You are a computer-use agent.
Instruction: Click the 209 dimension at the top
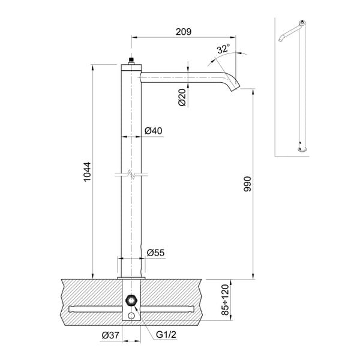pyautogui.click(x=184, y=32)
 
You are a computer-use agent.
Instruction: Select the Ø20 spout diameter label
pyautogui.click(x=182, y=98)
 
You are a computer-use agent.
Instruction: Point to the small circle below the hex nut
pyautogui.click(x=130, y=317)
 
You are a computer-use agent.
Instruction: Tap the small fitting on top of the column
pyautogui.click(x=130, y=61)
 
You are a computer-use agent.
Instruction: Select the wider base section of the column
pyautogui.click(x=130, y=267)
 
